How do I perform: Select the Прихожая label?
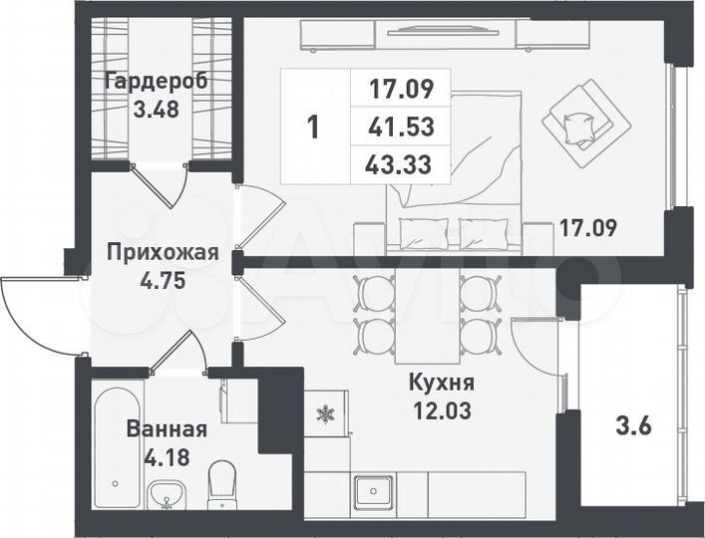click(x=162, y=252)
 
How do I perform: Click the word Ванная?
click(x=167, y=429)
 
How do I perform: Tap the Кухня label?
click(x=441, y=383)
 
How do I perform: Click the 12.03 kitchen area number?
click(x=442, y=408)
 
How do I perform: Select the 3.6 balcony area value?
click(x=635, y=428)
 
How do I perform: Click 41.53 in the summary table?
click(x=401, y=128)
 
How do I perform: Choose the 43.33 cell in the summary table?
click(x=401, y=163)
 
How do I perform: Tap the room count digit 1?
click(x=313, y=127)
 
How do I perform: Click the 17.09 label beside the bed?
click(x=587, y=227)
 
